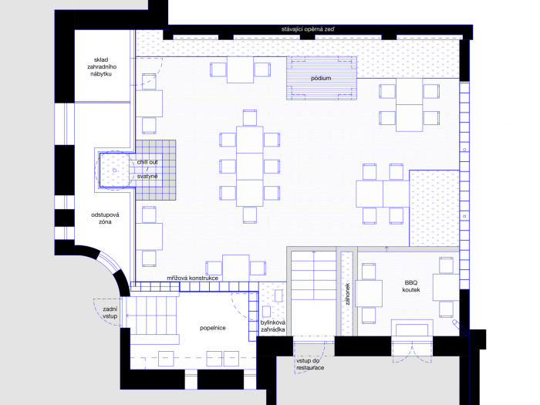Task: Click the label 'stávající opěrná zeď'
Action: coord(308,29)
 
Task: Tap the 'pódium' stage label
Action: coord(321,78)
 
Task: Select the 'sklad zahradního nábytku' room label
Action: coord(101,66)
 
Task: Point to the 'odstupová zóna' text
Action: coord(105,218)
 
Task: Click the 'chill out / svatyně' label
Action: coord(147,169)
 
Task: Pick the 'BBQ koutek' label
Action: coord(411,286)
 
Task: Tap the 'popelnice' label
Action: coord(213,328)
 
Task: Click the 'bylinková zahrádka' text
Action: coord(273,326)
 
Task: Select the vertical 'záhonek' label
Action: coord(347,294)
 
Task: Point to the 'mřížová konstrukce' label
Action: coord(193,278)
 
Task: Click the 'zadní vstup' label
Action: coord(110,312)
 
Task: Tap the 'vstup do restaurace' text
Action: coord(310,364)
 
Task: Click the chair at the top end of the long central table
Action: coord(250,118)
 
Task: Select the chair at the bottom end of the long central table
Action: coord(250,215)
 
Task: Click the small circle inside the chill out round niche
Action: coord(115,170)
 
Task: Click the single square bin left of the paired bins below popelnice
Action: coord(166,359)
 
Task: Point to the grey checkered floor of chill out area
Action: coord(156,170)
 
